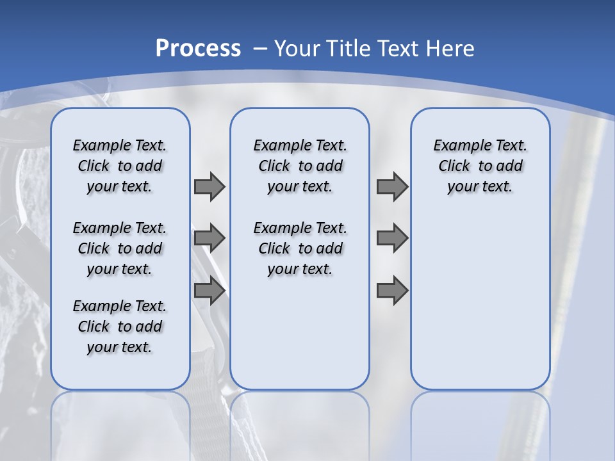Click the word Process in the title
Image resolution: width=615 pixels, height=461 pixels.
198,48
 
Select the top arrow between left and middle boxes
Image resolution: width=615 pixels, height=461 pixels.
209,186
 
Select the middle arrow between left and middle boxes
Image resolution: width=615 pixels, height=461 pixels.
209,238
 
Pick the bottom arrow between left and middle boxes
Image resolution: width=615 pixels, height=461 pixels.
209,291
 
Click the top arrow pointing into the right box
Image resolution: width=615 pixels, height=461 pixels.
392,186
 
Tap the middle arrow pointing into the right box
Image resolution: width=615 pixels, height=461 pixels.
392,238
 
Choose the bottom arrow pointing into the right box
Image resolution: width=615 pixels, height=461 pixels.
392,291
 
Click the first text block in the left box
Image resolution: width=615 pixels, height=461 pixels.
120,166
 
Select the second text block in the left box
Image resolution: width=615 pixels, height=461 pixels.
120,248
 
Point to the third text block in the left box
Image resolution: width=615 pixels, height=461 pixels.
120,327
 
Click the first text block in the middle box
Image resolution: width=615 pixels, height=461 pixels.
300,166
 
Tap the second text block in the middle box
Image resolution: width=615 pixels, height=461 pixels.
300,248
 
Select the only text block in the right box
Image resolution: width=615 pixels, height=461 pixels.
480,166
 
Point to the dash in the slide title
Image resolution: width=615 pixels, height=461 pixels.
260,48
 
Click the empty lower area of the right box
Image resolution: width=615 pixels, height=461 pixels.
480,301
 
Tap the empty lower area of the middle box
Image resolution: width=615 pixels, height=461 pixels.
300,333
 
